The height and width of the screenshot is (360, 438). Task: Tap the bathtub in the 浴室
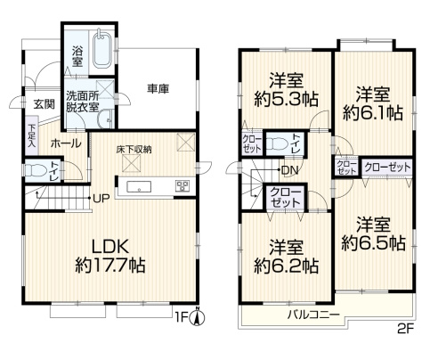tap(101, 52)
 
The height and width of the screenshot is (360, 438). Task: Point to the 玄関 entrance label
tap(44, 104)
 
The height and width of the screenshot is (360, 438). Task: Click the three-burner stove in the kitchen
tap(182, 186)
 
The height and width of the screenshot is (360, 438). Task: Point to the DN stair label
tap(288, 170)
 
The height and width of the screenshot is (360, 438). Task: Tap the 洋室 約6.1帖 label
tap(371, 102)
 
